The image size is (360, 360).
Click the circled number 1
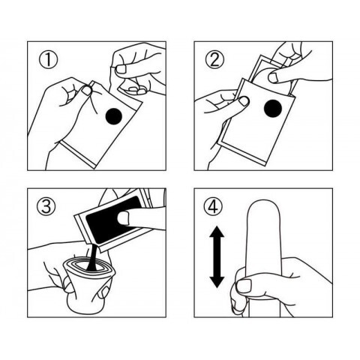coord(48,60)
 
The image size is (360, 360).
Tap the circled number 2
coord(214,60)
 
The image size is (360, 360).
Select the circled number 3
coord(46,206)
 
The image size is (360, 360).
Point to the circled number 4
coord(213,207)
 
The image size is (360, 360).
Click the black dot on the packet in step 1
coord(114,116)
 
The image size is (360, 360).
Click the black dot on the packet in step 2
coord(273,108)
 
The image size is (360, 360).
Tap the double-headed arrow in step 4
coord(217,256)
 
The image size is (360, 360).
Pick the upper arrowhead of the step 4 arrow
coord(217,232)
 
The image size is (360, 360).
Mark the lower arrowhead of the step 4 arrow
coord(217,282)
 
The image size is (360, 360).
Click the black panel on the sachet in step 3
coord(112,220)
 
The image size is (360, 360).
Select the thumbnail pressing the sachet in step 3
coord(123,217)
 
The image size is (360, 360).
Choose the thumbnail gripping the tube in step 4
coord(243,286)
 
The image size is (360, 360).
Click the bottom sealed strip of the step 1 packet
coord(78,154)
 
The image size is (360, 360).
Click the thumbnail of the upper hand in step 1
coord(121,69)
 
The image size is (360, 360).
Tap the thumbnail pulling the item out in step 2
coord(273,78)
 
